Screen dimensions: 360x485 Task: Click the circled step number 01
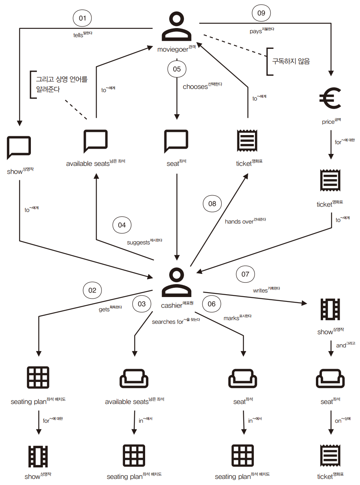click(82, 18)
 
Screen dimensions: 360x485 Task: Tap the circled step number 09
click(261, 13)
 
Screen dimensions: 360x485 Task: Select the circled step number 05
click(177, 69)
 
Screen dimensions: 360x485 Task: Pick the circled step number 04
click(122, 225)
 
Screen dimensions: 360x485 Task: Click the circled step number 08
click(212, 204)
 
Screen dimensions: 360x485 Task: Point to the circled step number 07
click(245, 274)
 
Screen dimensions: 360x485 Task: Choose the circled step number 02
click(92, 290)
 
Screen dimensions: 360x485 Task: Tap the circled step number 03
click(142, 304)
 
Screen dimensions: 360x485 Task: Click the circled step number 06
click(212, 304)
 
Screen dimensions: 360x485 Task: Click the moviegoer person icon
click(176, 26)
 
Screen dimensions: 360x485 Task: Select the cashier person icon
click(176, 282)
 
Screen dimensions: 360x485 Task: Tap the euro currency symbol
click(330, 98)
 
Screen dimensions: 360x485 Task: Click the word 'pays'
click(256, 32)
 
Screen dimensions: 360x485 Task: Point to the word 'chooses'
click(195, 87)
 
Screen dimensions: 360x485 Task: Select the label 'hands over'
click(239, 222)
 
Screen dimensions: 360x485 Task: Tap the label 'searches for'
click(168, 322)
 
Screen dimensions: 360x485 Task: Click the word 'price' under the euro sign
click(328, 122)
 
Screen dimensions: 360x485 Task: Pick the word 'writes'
click(260, 290)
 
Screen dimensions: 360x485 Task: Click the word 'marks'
click(231, 318)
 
